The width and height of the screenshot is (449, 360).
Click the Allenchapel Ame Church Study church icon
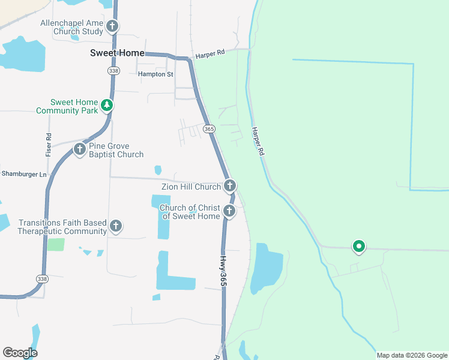click(112, 26)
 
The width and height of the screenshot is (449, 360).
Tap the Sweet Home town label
click(117, 53)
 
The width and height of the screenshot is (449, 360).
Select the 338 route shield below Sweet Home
click(114, 71)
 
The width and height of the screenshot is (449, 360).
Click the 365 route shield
click(209, 129)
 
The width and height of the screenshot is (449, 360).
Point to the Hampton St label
click(155, 74)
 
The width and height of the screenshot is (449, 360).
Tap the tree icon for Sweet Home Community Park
click(107, 106)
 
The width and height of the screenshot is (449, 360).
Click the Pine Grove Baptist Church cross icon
click(79, 149)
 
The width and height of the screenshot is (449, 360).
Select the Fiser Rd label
click(49, 145)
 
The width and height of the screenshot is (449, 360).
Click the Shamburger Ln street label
click(23, 174)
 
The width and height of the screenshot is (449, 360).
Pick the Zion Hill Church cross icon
click(229, 186)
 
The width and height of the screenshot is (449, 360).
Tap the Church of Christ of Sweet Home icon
click(229, 211)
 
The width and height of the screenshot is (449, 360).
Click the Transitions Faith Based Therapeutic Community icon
click(116, 226)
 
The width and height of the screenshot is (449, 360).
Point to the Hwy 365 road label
click(222, 270)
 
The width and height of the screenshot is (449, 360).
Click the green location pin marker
click(359, 246)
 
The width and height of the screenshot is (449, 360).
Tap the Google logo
click(20, 353)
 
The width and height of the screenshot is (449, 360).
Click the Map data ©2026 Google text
click(412, 355)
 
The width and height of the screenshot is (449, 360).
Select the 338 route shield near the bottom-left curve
click(41, 279)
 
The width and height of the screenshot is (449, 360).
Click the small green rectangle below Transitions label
click(56, 244)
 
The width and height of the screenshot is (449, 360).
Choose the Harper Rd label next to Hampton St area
click(209, 53)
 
